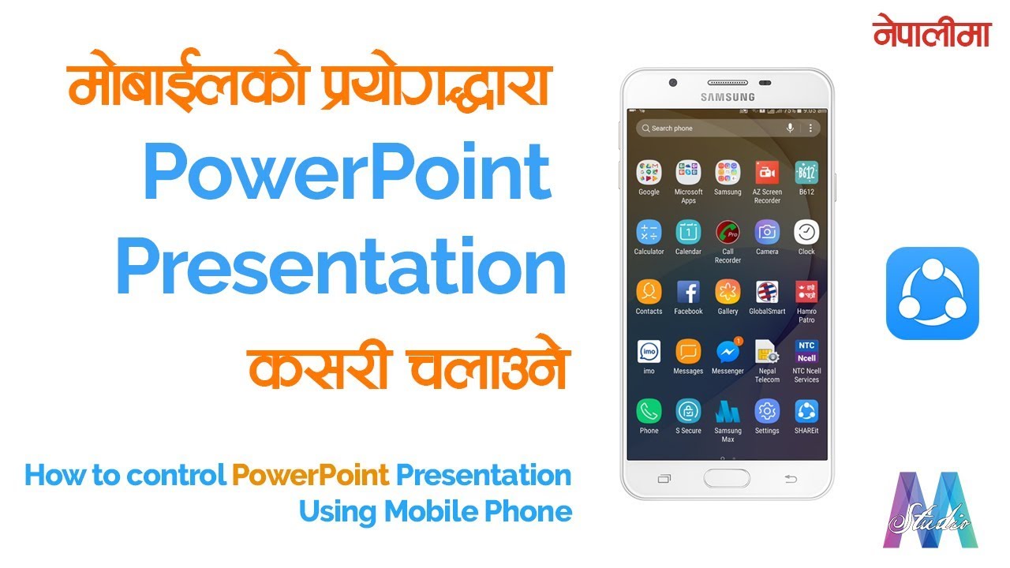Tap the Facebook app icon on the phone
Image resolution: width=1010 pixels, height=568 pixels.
[x=688, y=292]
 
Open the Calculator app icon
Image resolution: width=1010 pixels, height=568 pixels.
[x=649, y=232]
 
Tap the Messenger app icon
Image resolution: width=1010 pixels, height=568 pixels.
[x=728, y=352]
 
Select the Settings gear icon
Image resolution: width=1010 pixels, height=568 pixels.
[x=767, y=411]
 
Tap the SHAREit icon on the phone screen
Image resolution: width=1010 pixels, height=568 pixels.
[x=806, y=411]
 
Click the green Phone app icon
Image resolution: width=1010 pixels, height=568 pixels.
[x=649, y=411]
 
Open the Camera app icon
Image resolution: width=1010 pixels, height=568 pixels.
[x=767, y=232]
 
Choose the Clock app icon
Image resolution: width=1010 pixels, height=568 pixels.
[x=806, y=232]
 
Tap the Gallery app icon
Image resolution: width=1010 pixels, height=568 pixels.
[x=728, y=292]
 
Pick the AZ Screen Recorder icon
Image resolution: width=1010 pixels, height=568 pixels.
[x=767, y=172]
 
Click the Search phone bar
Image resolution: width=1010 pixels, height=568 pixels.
[x=710, y=128]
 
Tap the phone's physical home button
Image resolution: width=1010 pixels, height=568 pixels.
[x=727, y=478]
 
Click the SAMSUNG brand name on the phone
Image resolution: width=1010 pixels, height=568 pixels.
[x=728, y=97]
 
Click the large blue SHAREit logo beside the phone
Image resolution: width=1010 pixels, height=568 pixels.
[x=932, y=293]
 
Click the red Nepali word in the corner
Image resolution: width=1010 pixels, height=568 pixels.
[x=931, y=33]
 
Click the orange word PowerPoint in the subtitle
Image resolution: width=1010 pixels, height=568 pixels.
[x=310, y=475]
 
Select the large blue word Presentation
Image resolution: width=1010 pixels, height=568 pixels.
[x=341, y=269]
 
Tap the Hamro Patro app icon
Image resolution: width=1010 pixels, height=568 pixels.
[x=806, y=292]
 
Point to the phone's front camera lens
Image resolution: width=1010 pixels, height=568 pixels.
[x=672, y=82]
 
